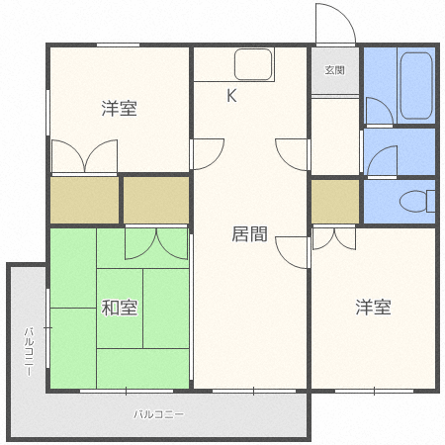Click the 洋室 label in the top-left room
coord(118,109)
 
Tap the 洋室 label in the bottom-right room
coord(374,308)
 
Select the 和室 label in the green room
coord(119,308)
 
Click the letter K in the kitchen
coord(232,96)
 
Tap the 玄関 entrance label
coord(334,71)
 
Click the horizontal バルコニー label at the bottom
coord(159,414)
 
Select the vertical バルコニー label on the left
coord(30,350)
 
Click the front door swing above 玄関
coord(330,26)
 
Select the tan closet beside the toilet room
coord(335,202)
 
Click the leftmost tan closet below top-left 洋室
coord(84,200)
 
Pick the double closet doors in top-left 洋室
coord(84,157)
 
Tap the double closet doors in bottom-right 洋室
coord(336,237)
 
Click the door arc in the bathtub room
coord(380,111)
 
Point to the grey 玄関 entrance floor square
coord(334,72)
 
